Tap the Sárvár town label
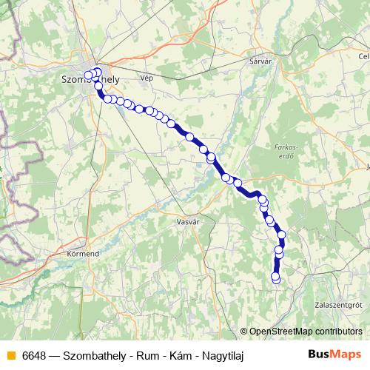click(x=263, y=62)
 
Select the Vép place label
click(x=147, y=77)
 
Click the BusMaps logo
click(x=334, y=355)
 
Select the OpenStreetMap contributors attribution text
click(x=305, y=332)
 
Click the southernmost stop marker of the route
click(x=277, y=279)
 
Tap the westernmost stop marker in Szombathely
click(x=88, y=74)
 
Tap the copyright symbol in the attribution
click(x=243, y=332)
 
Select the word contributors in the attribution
click(x=337, y=332)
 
